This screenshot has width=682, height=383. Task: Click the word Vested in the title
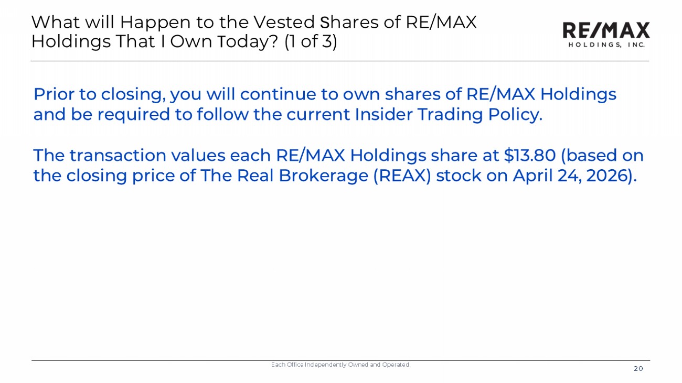click(284, 22)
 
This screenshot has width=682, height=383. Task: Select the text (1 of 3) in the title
click(311, 41)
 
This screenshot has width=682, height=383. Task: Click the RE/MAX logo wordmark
click(606, 30)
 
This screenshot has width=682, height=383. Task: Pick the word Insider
click(383, 114)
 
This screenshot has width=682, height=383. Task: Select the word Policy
click(515, 115)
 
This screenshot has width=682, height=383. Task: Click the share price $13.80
click(529, 155)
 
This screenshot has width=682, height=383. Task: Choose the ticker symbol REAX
click(402, 176)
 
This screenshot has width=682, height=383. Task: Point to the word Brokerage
click(323, 176)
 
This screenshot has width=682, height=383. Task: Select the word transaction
click(118, 156)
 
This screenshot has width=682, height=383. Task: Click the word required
click(133, 115)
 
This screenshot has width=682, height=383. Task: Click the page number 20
click(638, 369)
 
